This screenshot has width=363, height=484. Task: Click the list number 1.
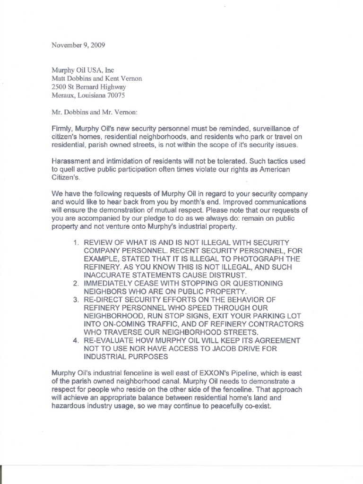coord(76,242)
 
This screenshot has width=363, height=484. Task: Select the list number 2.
coord(76,283)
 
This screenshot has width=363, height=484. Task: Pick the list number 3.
coord(76,300)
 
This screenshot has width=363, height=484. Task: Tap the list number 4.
coord(76,340)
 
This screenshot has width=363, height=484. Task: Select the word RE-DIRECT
coord(105,300)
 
